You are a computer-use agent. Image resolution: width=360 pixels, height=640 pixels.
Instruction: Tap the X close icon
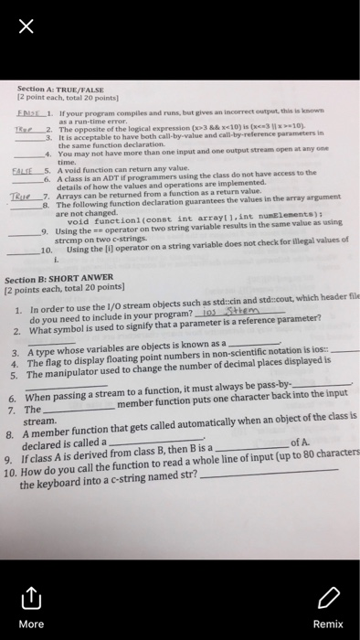26,28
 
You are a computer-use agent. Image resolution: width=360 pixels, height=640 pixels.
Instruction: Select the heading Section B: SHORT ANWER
65,279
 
